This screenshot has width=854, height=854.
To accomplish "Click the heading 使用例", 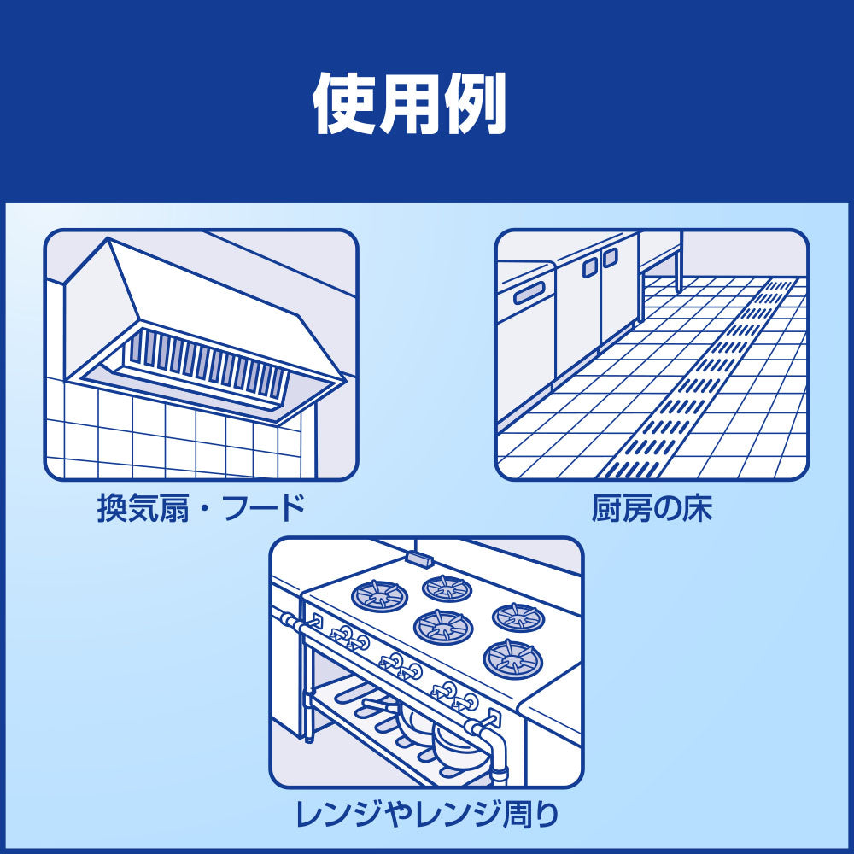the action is click(410, 104).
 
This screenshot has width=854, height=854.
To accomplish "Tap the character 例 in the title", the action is click(475, 104).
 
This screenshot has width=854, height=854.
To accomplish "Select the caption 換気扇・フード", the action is click(201, 507).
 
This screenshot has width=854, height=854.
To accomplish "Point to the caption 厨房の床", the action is click(652, 507).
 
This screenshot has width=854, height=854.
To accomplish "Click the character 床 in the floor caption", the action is click(697, 507).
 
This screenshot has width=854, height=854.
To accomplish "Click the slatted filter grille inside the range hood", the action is click(206, 365).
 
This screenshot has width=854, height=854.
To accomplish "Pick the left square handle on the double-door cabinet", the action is click(590, 267).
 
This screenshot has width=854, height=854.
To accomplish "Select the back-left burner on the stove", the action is click(380, 594).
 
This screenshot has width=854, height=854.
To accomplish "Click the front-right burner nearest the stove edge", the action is click(513, 659).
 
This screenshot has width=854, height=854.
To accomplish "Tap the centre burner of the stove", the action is click(443, 626).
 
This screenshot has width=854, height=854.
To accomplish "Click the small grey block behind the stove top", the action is click(420, 558).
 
